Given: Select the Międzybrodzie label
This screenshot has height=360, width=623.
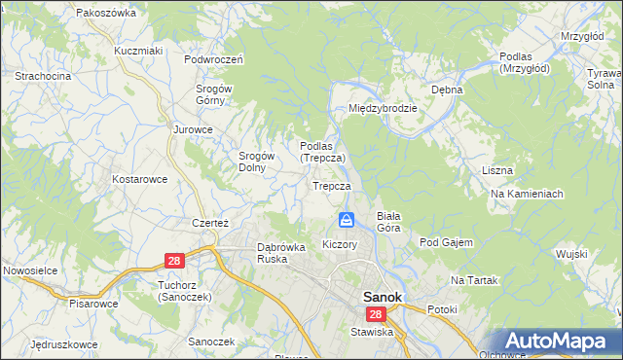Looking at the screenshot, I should click(384, 108).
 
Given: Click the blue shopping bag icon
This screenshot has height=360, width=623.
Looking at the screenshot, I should click(346, 221).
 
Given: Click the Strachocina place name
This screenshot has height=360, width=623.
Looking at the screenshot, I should click(42, 75).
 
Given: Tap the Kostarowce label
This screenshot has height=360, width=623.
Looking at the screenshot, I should click(140, 179).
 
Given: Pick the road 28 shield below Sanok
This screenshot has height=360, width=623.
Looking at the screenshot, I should click(376, 314).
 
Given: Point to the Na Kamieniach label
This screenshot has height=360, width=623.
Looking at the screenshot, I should click(528, 194).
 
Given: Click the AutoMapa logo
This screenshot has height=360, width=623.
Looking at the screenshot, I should click(556, 342).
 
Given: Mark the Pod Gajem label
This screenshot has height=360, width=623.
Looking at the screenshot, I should click(446, 241).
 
